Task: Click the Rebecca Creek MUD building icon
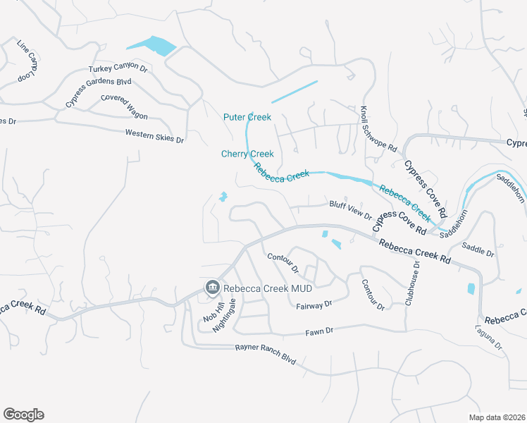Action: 211,287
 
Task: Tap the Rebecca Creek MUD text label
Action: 268,288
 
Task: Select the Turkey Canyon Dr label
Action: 118,69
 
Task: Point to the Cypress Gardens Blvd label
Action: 98,92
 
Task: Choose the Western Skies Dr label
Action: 154,135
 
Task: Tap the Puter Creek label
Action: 247,117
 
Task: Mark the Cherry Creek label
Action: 247,154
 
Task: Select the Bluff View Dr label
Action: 350,209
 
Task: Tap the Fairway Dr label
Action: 314,305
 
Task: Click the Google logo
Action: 23,415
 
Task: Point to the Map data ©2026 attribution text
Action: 497,417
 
